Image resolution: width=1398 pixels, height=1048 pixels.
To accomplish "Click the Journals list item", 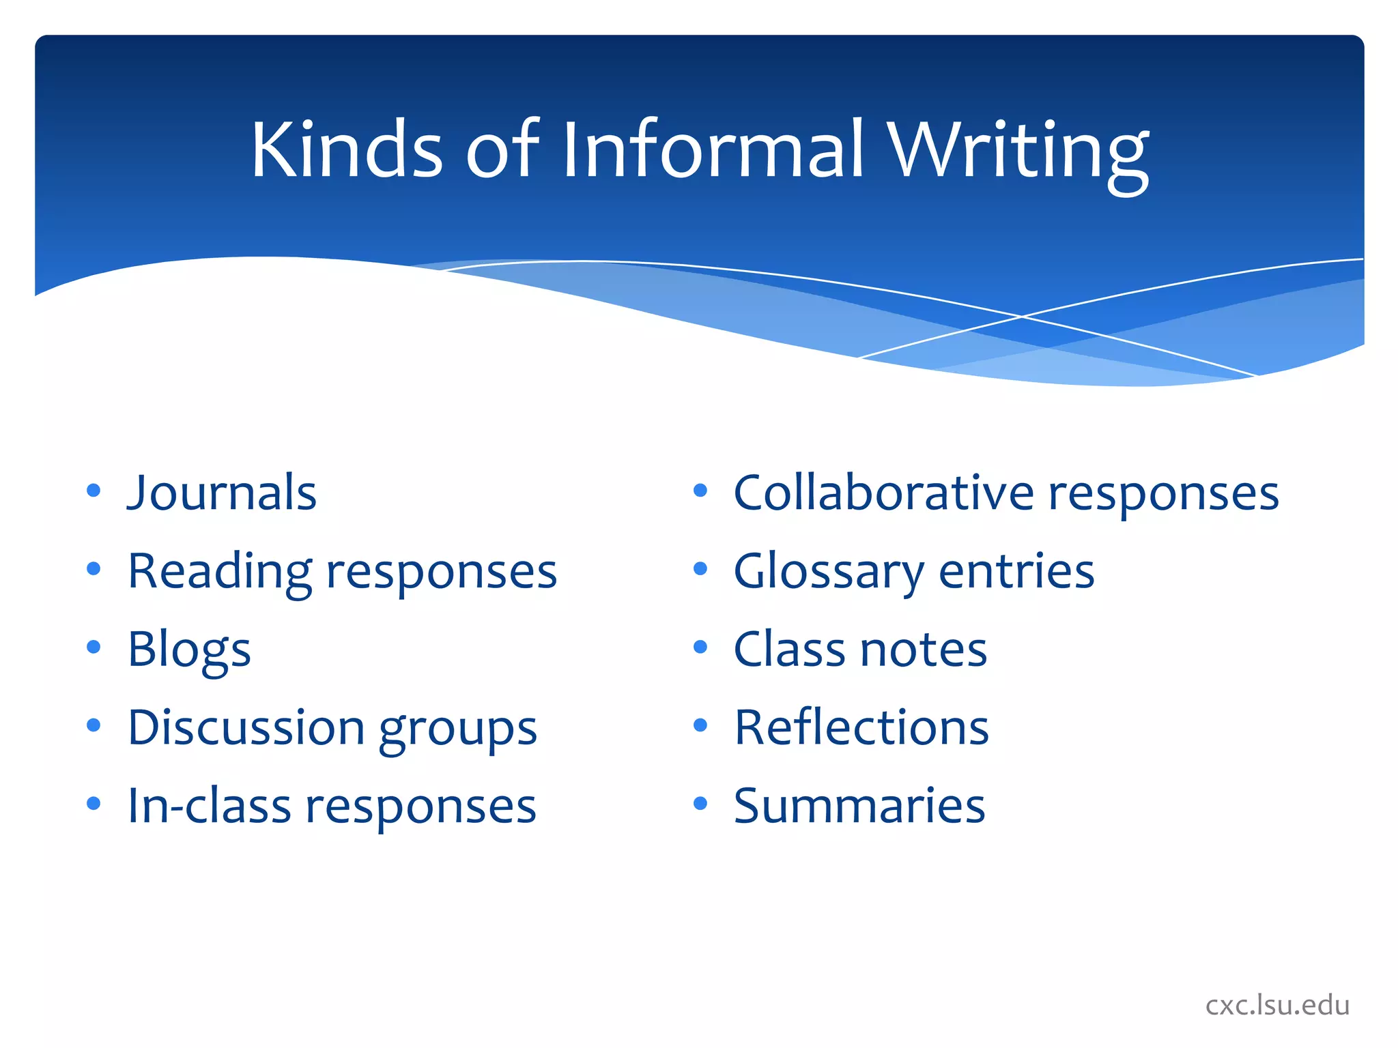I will point(223,493).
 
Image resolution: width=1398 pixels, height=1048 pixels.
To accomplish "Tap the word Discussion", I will point(246,728).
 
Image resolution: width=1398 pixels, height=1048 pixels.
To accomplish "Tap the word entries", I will point(1016,572).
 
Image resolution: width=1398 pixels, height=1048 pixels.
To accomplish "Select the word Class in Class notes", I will point(790,650).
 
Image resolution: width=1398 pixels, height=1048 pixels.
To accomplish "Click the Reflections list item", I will point(861,728).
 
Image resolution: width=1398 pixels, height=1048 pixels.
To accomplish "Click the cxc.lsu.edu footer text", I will point(1277,1005).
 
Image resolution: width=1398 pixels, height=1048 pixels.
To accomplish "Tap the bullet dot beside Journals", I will point(94,491).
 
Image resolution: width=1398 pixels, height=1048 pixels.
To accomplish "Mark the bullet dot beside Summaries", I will point(700,803).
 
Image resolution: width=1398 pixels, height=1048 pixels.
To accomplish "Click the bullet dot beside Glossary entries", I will point(700,568).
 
